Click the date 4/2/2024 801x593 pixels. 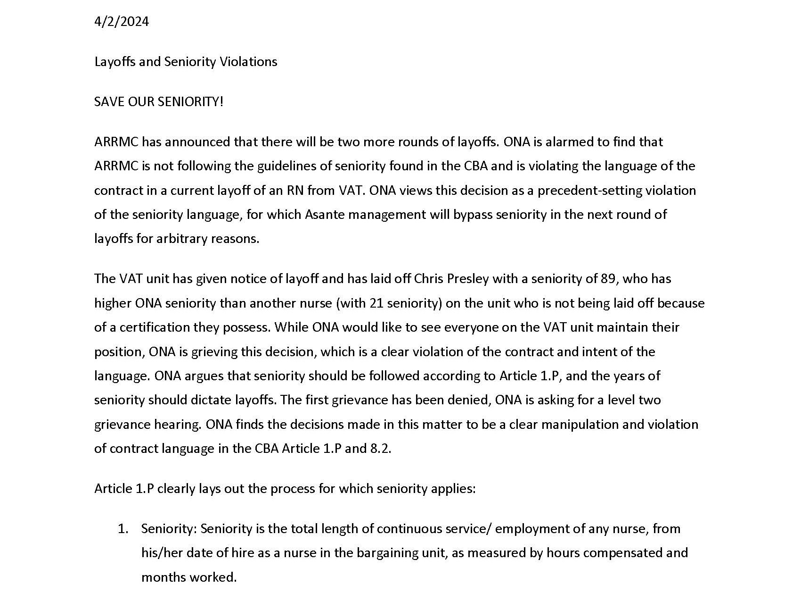[x=122, y=22]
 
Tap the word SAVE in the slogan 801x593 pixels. [x=109, y=102]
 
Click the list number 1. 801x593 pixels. [x=123, y=529]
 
